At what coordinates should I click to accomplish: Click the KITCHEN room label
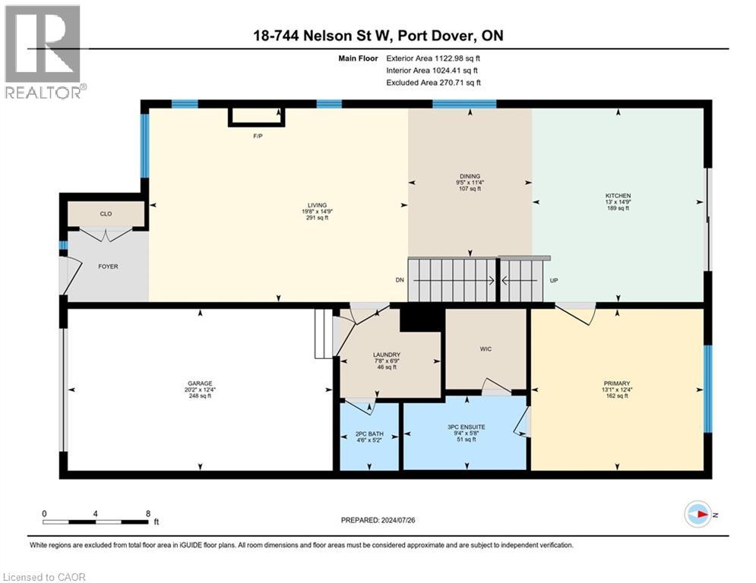point(618,195)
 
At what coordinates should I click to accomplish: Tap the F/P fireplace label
point(258,137)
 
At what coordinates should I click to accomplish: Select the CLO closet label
point(106,214)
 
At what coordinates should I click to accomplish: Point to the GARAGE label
point(201,383)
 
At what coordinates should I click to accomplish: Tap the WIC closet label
point(486,349)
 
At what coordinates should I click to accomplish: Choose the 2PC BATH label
point(369,433)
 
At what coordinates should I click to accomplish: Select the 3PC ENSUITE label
point(467,427)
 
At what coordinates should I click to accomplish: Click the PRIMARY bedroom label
point(617,383)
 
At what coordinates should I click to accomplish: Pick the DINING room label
point(470,176)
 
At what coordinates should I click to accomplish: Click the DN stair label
point(400,280)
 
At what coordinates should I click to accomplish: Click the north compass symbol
point(698,515)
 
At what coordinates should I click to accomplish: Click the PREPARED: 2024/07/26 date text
point(378,520)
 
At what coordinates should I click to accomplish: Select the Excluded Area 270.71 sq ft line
point(433,83)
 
